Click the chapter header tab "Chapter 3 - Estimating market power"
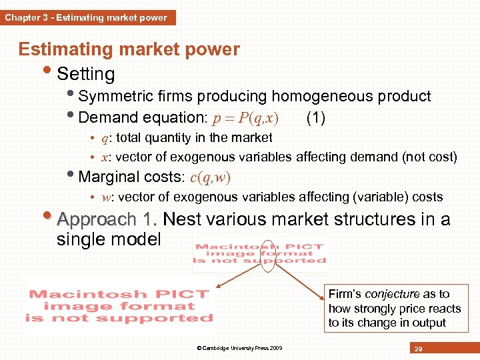pos(87,17)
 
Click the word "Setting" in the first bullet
pos(86,74)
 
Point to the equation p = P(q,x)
pos(245,119)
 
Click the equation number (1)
pos(315,119)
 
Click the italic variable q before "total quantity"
pos(105,138)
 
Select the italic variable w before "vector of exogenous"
pos(105,197)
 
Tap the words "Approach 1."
pos(107,219)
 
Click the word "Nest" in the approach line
pos(183,219)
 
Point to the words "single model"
pos(109,239)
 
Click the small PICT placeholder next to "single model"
pos(259,253)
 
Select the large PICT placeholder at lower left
pos(119,306)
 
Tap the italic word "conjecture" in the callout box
pos(392,294)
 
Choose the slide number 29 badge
pos(419,348)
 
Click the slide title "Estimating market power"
pos(129,49)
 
